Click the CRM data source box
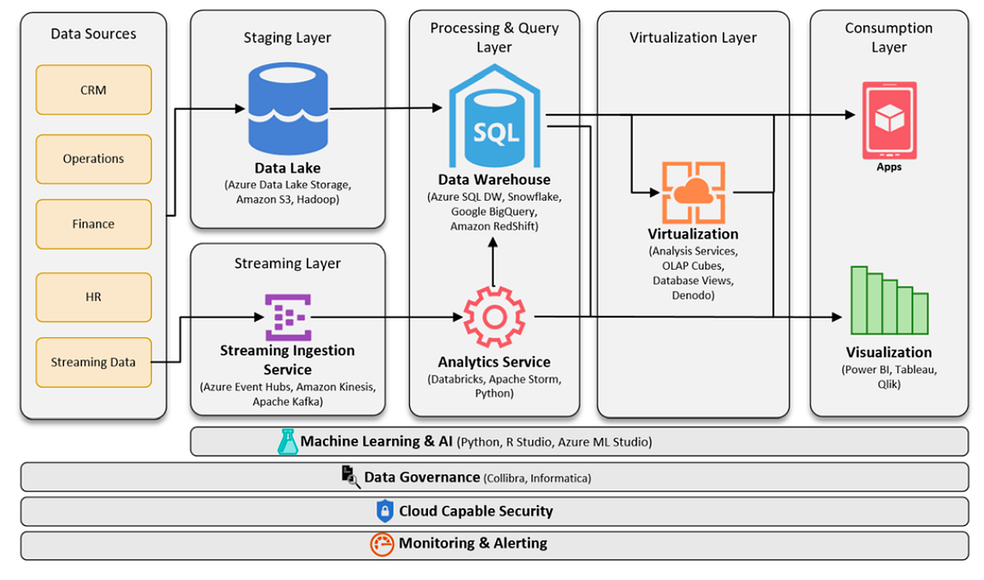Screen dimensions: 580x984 93,90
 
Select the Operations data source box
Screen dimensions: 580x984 93,159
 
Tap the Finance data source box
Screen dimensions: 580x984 93,224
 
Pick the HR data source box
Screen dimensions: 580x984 93,297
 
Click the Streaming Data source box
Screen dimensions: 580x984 93,362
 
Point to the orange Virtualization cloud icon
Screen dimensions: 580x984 693,193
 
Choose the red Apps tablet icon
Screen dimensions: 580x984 889,120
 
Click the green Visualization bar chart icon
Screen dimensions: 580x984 889,301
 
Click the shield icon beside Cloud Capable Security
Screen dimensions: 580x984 385,511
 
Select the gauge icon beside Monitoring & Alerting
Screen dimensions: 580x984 382,544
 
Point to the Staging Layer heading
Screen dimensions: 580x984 287,38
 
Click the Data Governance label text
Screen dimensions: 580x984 421,477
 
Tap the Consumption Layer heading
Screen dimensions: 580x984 889,38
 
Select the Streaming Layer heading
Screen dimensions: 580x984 287,263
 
